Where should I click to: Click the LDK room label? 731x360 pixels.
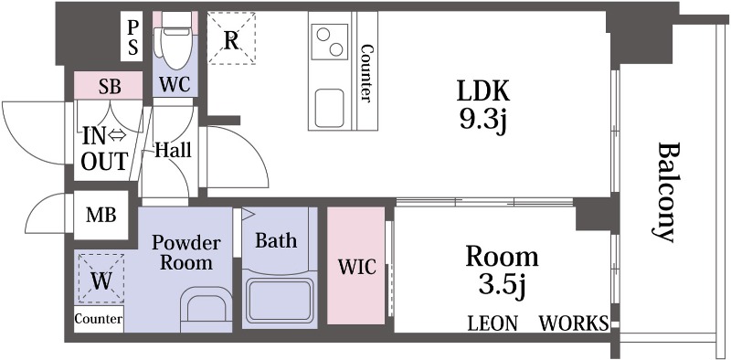point(483,91)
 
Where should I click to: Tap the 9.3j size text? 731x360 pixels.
point(483,122)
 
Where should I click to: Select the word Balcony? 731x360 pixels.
point(665,192)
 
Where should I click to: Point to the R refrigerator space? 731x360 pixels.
point(231,37)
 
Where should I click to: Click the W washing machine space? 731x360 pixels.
point(101,279)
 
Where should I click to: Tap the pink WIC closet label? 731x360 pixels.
point(356,267)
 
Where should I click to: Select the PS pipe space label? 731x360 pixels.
point(132,38)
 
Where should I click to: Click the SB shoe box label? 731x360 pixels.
point(110,87)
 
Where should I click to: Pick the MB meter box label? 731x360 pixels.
point(101,216)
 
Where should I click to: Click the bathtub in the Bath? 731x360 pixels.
point(280,300)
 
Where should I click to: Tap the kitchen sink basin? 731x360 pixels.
point(329,108)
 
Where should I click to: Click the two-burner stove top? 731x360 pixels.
point(329,41)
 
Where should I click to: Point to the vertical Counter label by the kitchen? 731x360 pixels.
point(367,73)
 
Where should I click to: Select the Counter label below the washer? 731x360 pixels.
point(99,319)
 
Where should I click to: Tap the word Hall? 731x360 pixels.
point(174,150)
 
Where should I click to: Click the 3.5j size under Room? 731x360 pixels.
point(502,285)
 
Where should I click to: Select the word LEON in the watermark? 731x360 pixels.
point(493,323)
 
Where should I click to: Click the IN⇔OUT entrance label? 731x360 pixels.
point(104,149)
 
